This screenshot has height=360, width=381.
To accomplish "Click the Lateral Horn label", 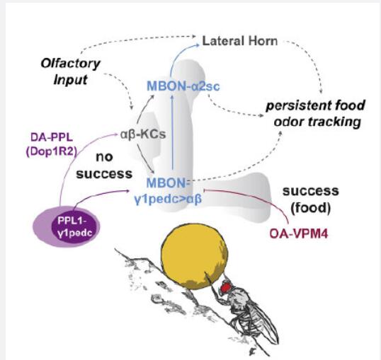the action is [x=240, y=41].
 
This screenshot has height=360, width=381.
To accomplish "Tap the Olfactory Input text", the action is [x=71, y=72].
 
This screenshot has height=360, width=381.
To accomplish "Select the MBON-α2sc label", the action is [x=183, y=86].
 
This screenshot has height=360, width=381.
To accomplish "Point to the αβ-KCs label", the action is [x=143, y=134].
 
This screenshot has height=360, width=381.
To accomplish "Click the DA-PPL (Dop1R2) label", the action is [x=52, y=145].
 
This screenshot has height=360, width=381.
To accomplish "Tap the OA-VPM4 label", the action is [x=299, y=234].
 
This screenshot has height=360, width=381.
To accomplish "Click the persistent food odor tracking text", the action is [x=316, y=113].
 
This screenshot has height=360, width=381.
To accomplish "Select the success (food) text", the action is [x=311, y=199].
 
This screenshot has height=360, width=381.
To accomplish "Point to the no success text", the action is [x=104, y=166].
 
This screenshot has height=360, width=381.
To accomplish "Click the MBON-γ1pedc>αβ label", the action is [x=168, y=191].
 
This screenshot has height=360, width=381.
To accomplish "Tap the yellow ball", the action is [x=194, y=256].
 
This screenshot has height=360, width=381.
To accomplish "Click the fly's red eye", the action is [x=226, y=287].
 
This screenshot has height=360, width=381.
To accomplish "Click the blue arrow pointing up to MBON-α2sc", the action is [x=172, y=132].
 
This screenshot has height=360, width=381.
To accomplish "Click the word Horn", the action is [x=263, y=41].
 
